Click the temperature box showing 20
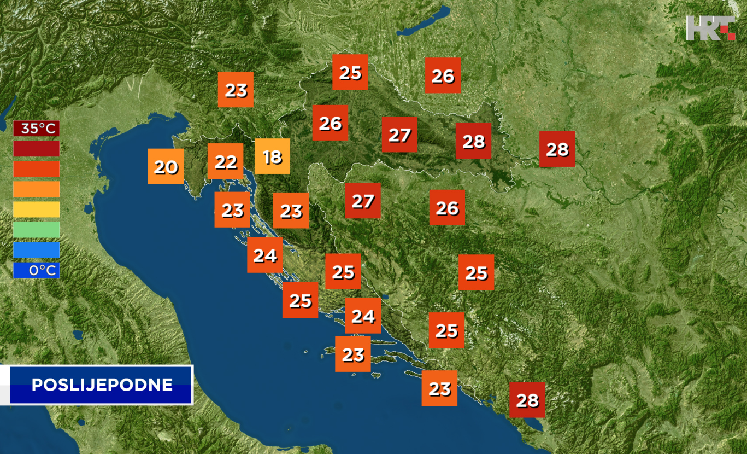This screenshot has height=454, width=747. [x=166, y=166]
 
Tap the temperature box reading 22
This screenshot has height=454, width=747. [x=225, y=161]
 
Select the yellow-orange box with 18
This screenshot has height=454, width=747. [x=272, y=156]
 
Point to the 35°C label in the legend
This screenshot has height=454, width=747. [x=37, y=129]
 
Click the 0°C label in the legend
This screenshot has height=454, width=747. [x=37, y=270]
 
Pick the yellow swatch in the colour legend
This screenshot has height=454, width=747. [x=37, y=209]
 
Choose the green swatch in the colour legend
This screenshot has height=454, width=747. [x=37, y=230]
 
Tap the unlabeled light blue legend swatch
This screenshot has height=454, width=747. [x=37, y=250]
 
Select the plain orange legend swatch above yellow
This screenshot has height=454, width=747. [x=37, y=189]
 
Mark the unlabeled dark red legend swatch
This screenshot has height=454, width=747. [x=37, y=149]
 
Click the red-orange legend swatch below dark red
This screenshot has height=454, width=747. [x=37, y=169]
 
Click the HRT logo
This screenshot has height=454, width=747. [x=710, y=28]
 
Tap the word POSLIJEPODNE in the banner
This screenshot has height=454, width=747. [x=102, y=385]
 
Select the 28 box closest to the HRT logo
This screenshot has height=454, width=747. [x=557, y=149]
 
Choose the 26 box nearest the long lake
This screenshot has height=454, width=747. [x=443, y=75]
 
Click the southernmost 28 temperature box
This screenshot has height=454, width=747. [x=527, y=400]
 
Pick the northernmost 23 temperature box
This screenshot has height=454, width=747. [x=236, y=90]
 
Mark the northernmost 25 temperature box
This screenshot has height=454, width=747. [x=350, y=72]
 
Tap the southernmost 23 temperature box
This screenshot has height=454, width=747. [x=439, y=388]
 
